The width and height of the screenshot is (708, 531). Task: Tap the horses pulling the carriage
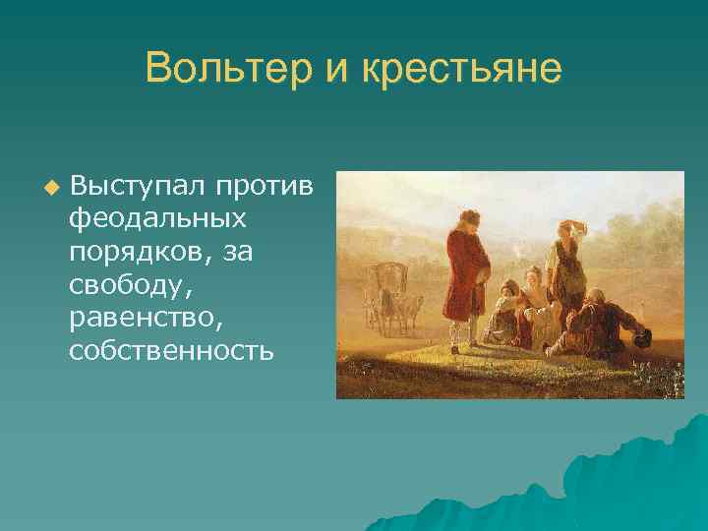404,305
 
